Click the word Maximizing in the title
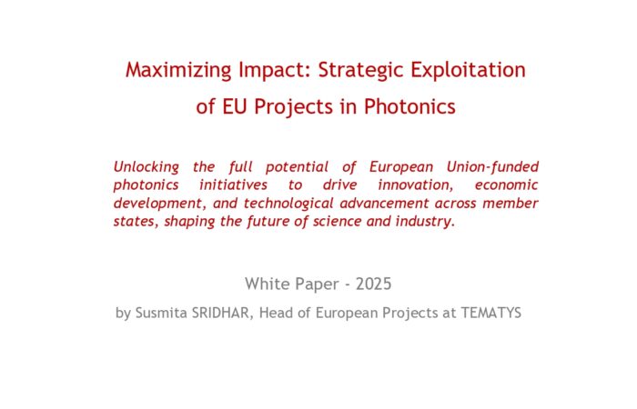[178, 70]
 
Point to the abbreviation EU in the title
[234, 106]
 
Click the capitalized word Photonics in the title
[409, 106]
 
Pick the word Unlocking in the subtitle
[146, 167]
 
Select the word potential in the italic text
[297, 167]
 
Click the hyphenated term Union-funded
[492, 166]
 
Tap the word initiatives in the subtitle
[233, 185]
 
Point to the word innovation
[415, 185]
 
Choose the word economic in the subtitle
[506, 185]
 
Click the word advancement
[384, 203]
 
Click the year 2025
[373, 284]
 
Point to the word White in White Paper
[268, 284]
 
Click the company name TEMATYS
[491, 313]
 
